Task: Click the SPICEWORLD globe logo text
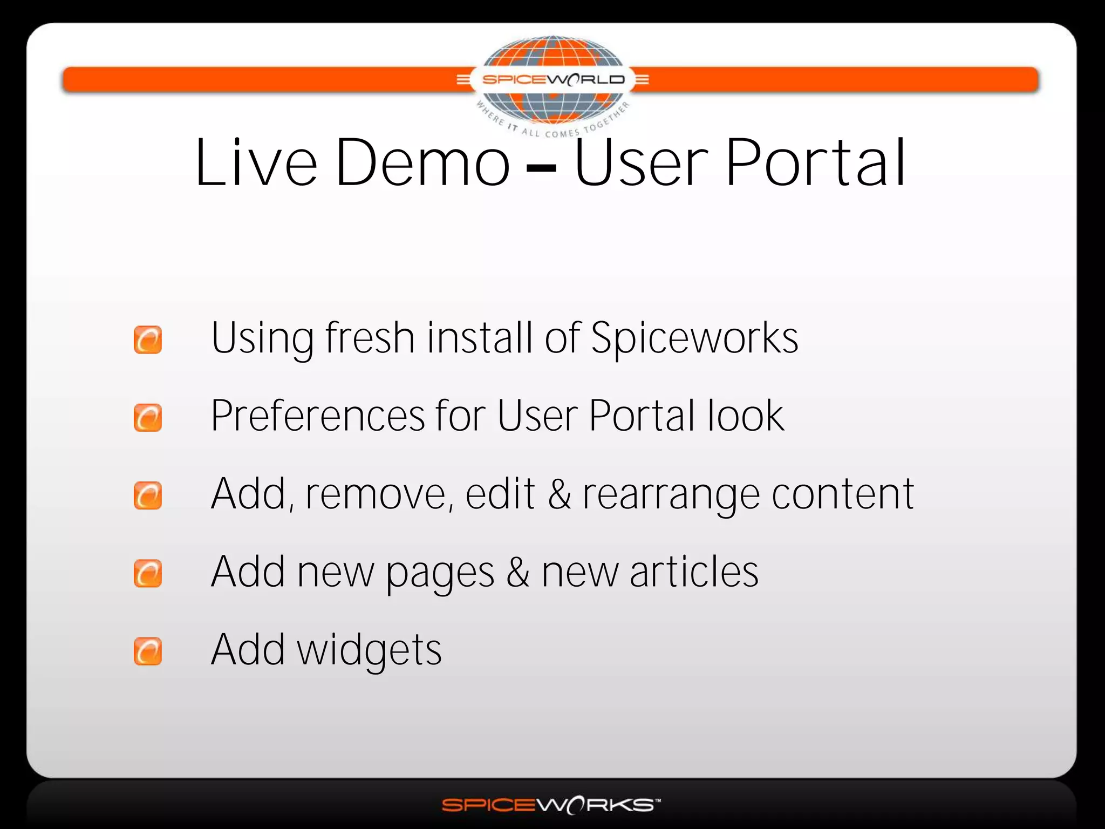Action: tap(553, 80)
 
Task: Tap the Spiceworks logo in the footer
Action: tap(551, 805)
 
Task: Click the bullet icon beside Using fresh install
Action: tap(148, 339)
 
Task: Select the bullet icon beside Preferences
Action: tap(148, 418)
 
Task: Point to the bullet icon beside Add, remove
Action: tap(148, 495)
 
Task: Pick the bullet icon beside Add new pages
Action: tap(148, 573)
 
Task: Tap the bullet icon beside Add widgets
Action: tap(148, 651)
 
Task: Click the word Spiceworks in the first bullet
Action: tap(694, 338)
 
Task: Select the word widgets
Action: tap(370, 651)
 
